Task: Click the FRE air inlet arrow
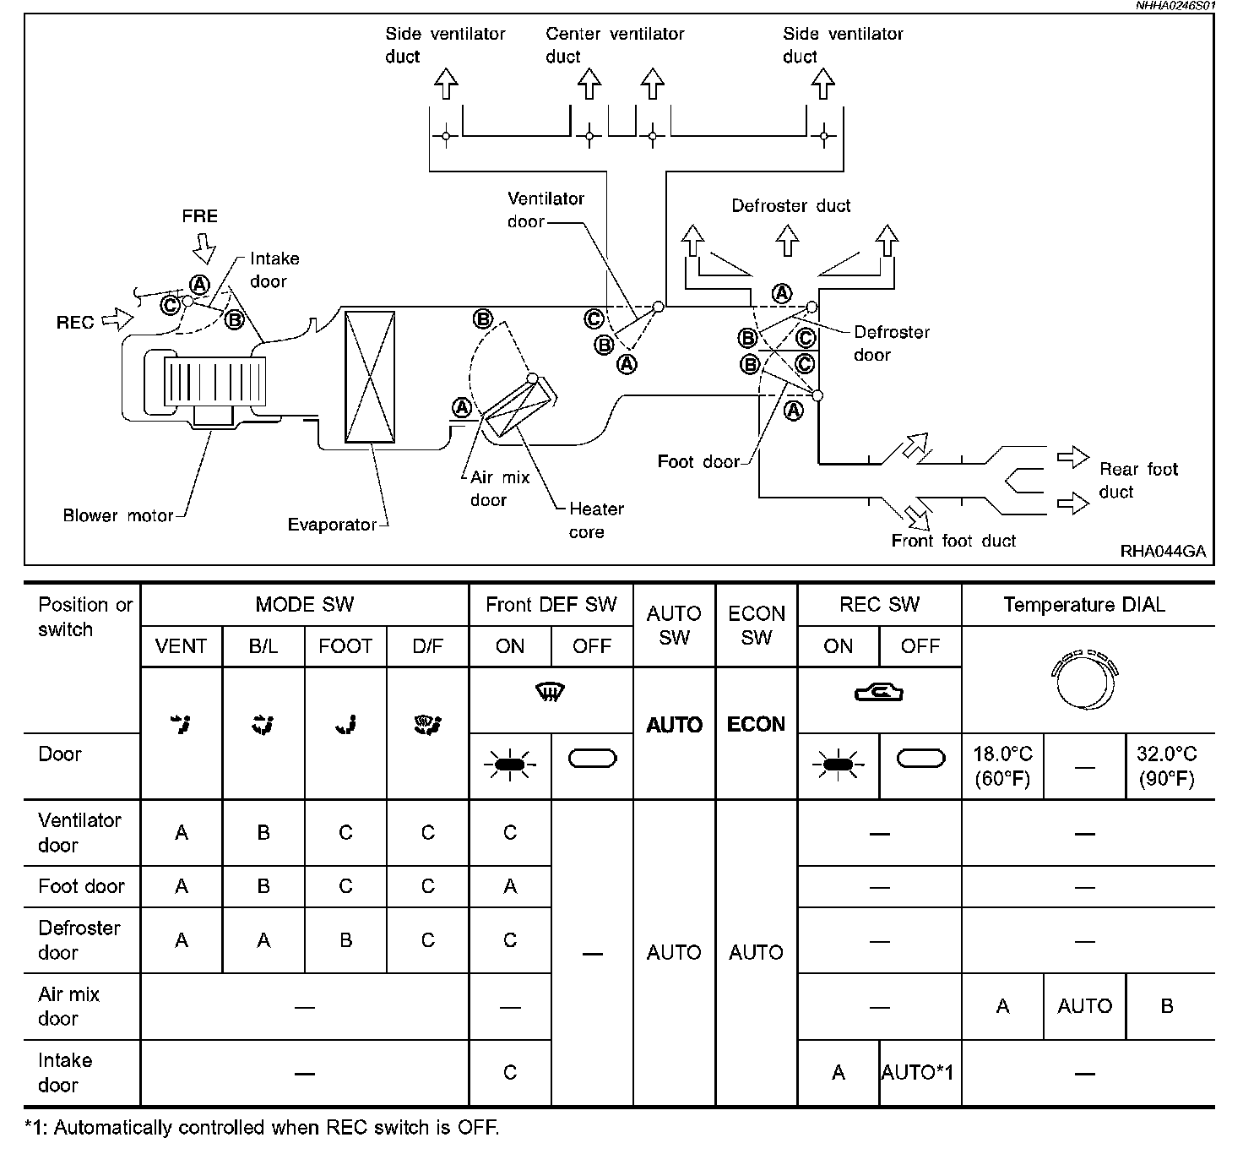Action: coord(204,248)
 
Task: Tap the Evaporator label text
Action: coord(333,525)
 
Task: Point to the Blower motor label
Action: coord(118,515)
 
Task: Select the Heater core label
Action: coord(596,520)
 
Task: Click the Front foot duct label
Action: coord(953,541)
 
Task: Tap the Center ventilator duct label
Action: coord(615,45)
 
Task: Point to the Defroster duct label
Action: coord(790,206)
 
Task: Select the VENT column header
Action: coord(181,646)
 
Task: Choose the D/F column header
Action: coord(427,646)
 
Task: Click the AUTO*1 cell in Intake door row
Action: coord(918,1073)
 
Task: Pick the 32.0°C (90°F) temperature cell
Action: coord(1167,765)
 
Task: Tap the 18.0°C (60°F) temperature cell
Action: coord(1002,765)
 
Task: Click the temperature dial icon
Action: coord(1085,680)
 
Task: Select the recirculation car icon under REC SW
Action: coord(879,693)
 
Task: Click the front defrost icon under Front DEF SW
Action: coord(551,692)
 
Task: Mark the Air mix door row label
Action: coord(69,1006)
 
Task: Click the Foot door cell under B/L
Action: coord(263,886)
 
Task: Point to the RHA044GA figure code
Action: coord(1163,551)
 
